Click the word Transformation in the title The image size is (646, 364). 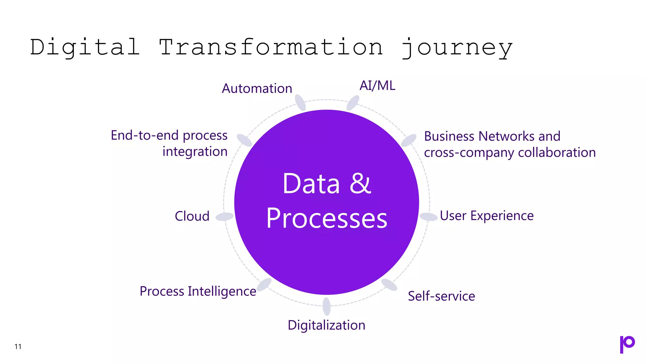[271, 47]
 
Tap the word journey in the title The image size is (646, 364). [457, 48]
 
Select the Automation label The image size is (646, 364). [257, 88]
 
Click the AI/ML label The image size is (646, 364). [377, 86]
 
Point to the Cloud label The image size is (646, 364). [192, 216]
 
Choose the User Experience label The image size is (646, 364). [486, 216]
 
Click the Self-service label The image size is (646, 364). [441, 296]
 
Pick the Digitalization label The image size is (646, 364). [326, 325]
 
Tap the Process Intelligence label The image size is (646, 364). [198, 291]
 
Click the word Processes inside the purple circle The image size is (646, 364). [326, 218]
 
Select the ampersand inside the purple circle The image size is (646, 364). [360, 184]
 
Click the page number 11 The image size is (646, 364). [18, 347]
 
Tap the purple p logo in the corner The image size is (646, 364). [627, 344]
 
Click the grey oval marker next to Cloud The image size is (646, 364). [225, 217]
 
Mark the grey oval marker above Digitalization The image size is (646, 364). [326, 306]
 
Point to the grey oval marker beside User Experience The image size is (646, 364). [428, 217]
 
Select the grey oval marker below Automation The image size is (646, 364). [300, 102]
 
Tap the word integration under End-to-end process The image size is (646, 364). [195, 152]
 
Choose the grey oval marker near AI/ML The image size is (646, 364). [353, 103]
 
